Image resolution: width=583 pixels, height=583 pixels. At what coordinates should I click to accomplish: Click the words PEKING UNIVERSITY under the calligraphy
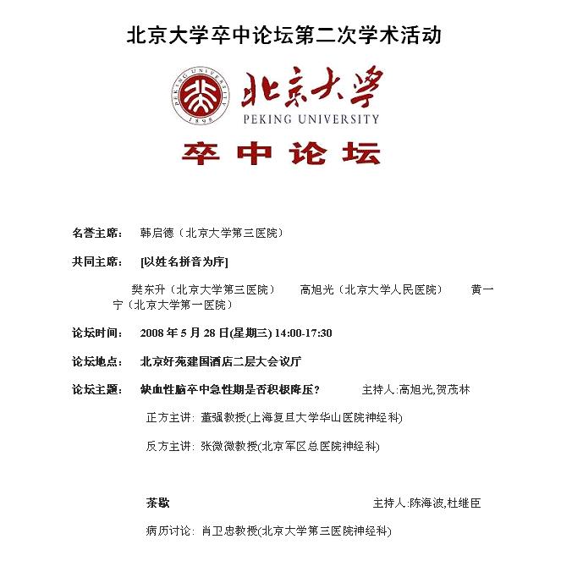311,119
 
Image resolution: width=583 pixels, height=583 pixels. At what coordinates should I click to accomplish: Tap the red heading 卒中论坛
281,152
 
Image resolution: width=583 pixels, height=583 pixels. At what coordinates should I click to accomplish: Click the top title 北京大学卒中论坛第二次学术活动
284,36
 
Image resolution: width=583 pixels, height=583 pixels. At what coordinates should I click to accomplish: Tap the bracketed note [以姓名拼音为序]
184,261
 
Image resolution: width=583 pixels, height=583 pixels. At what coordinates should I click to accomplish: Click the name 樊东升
149,289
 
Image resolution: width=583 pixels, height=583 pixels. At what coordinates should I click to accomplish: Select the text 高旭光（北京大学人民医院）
371,289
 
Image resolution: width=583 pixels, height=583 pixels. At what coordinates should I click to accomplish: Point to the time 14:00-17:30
302,333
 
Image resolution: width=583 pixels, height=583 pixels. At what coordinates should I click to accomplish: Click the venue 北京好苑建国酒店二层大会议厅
221,361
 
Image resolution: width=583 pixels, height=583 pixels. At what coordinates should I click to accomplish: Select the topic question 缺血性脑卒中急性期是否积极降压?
229,390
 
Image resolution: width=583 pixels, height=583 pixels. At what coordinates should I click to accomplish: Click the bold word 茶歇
157,503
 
